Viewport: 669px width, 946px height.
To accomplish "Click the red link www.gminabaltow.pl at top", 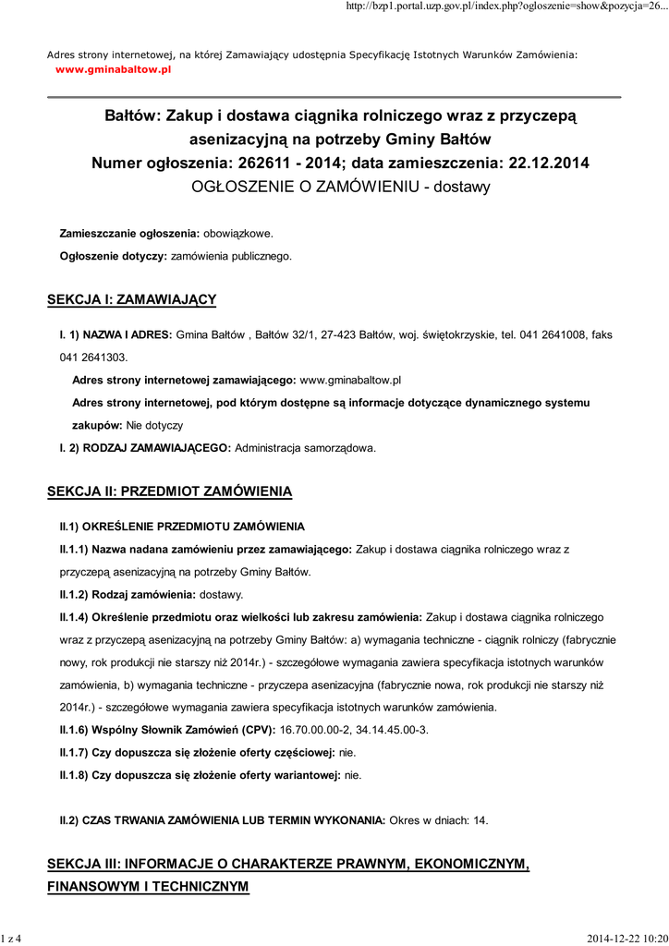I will point(114,68).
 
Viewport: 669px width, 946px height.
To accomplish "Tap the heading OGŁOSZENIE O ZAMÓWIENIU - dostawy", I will point(340,186).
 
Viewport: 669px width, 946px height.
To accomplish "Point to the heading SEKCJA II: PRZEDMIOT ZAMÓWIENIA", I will point(169,491).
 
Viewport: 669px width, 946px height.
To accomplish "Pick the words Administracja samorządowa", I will point(306,448).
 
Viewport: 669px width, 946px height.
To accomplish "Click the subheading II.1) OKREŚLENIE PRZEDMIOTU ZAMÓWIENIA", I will point(182,527).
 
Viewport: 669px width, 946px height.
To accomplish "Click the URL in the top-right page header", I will point(505,7).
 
